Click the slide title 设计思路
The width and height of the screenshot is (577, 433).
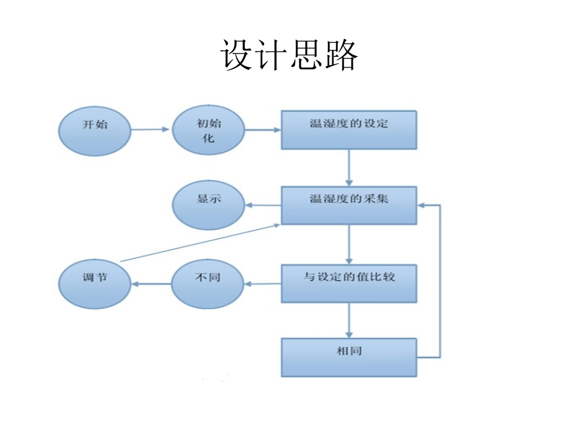(x=288, y=56)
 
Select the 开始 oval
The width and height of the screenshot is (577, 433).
(x=95, y=130)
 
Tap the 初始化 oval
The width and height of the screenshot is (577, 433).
(x=208, y=131)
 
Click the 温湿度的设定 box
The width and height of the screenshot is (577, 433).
(x=349, y=129)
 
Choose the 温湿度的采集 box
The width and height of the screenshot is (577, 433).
(x=349, y=205)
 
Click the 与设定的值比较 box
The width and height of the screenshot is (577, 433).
(x=349, y=283)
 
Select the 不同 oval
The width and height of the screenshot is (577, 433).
(x=207, y=284)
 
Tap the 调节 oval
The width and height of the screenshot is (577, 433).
(x=95, y=284)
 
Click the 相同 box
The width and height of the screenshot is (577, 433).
(x=349, y=358)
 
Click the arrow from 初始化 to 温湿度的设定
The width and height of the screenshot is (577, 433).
(x=262, y=129)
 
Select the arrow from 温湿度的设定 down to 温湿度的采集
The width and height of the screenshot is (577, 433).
(x=349, y=168)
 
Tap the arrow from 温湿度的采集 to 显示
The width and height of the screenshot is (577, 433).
(x=262, y=206)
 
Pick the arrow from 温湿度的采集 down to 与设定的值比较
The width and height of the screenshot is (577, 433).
(x=349, y=245)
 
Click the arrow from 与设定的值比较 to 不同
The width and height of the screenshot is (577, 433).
(x=262, y=284)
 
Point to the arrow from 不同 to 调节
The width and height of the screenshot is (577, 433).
(x=151, y=284)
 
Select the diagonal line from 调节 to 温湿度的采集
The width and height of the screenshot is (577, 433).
(x=200, y=242)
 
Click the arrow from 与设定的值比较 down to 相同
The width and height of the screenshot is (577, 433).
(x=349, y=320)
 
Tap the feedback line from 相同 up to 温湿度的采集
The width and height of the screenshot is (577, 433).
(x=439, y=279)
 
